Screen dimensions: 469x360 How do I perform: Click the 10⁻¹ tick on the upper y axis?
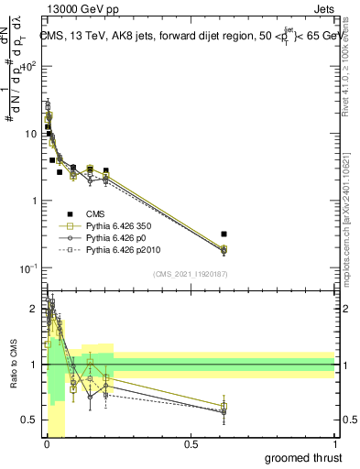(x=27, y=267)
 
